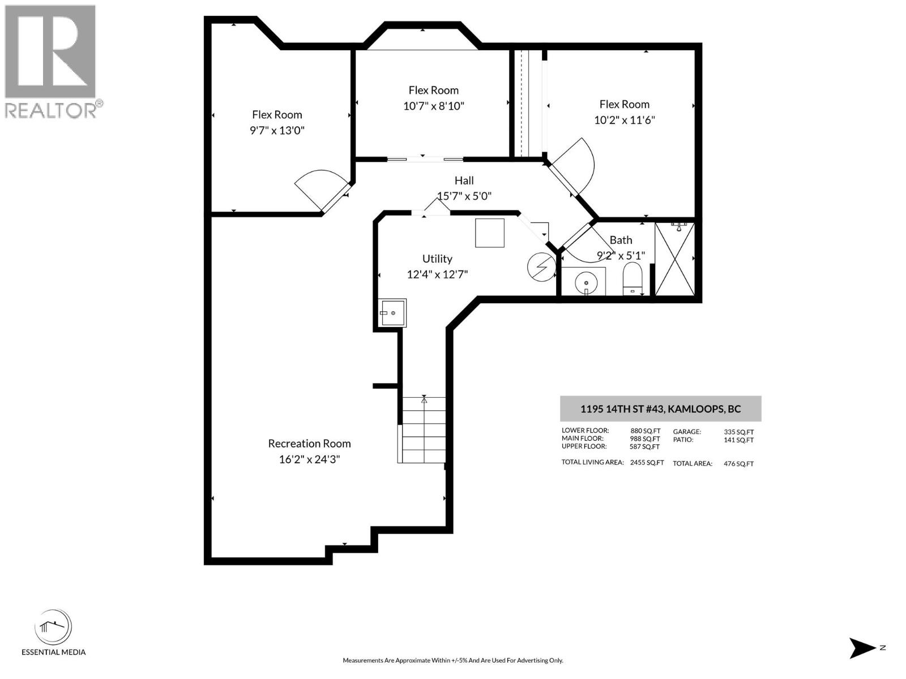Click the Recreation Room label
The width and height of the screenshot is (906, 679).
[309, 444]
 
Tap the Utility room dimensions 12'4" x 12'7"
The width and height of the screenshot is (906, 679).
[437, 274]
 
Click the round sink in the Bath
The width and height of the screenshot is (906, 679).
[586, 281]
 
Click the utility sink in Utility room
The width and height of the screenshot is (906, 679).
[392, 313]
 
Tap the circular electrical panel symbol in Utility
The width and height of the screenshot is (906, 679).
[541, 267]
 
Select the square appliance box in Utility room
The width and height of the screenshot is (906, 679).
[490, 233]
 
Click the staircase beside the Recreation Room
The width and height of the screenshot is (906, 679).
[424, 430]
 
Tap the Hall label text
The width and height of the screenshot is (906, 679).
[464, 181]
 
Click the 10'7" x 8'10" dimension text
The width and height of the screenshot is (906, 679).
[434, 106]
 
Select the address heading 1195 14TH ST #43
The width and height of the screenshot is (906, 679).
[660, 409]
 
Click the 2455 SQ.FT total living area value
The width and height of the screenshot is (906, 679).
[647, 462]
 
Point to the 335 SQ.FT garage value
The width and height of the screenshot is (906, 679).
[738, 432]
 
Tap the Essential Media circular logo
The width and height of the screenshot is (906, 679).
[53, 628]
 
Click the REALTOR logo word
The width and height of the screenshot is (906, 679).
[51, 110]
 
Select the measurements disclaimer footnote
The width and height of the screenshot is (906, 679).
[452, 660]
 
